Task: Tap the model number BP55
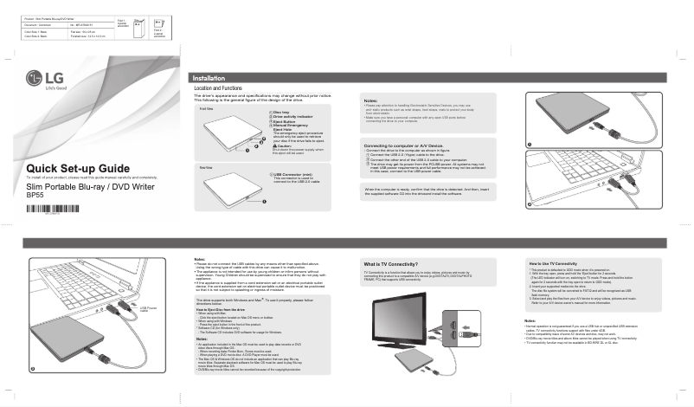[35, 195]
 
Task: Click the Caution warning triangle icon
[276, 145]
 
